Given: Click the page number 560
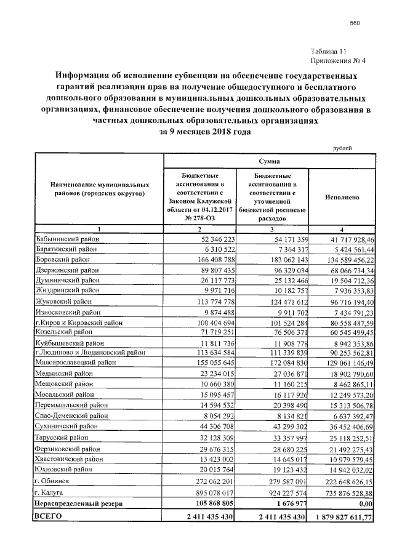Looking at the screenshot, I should coord(354,23).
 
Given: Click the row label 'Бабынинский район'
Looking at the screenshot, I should coord(64,238).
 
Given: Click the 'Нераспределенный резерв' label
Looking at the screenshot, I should coord(79,503).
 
